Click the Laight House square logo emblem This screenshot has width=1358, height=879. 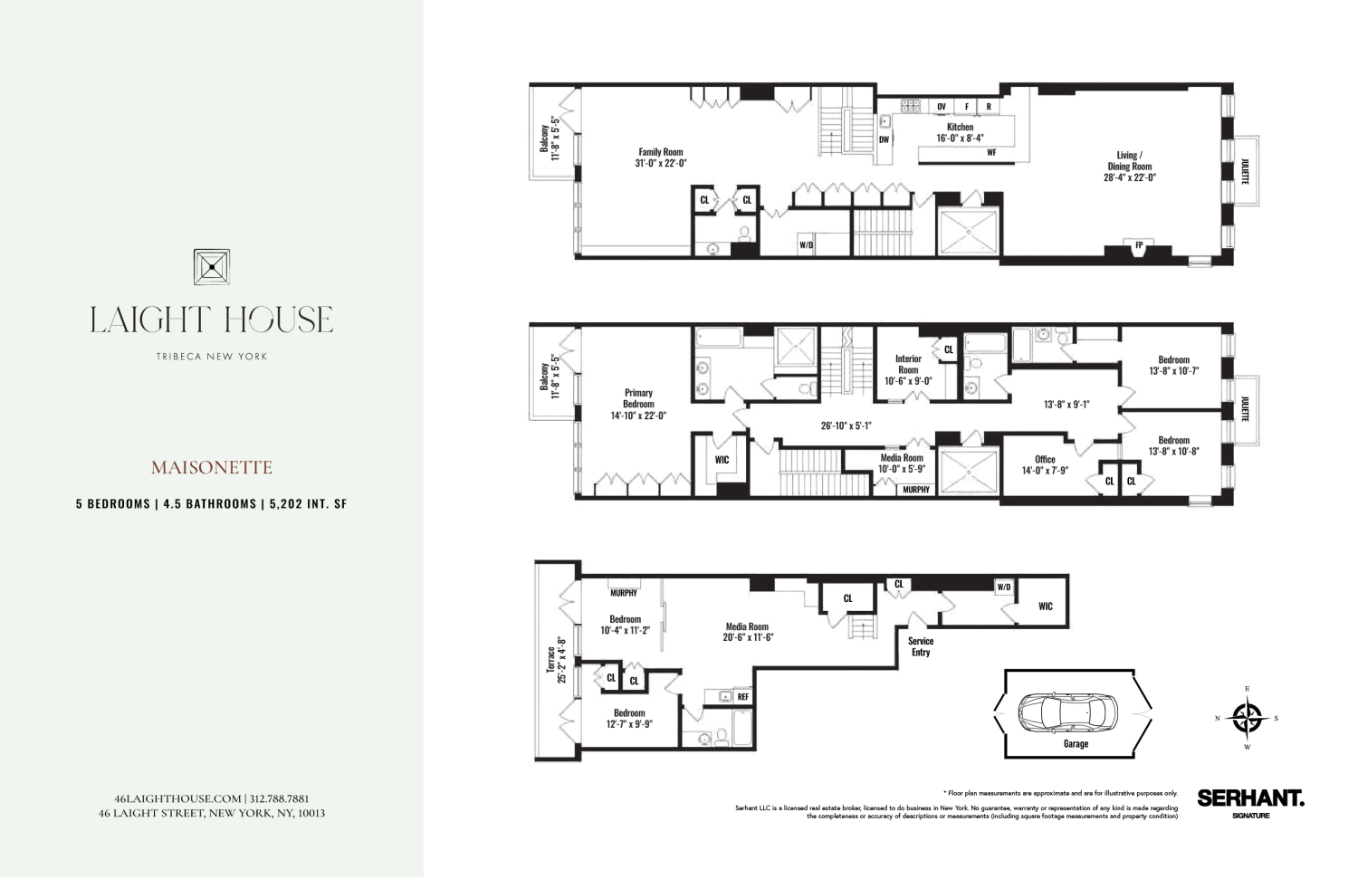[211, 267]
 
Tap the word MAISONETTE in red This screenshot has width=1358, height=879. [211, 468]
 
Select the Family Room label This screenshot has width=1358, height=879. [661, 158]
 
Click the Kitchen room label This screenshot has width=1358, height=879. [960, 132]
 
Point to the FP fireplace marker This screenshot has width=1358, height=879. [1139, 245]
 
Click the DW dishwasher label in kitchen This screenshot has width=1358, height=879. [884, 139]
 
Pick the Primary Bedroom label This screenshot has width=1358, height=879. [638, 404]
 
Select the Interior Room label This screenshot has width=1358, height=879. [908, 369]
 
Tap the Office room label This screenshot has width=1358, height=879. [1045, 464]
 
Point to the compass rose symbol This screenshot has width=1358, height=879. [1247, 718]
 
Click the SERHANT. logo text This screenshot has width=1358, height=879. [1250, 798]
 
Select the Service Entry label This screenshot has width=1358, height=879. [921, 646]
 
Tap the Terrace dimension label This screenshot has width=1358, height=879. [556, 659]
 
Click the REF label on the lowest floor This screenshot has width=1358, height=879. [742, 697]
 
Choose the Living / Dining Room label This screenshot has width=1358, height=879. [1129, 167]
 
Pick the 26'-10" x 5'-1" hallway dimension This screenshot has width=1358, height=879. [846, 425]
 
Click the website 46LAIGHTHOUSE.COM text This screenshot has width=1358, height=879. [178, 798]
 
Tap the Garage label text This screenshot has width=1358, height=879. [1076, 744]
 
